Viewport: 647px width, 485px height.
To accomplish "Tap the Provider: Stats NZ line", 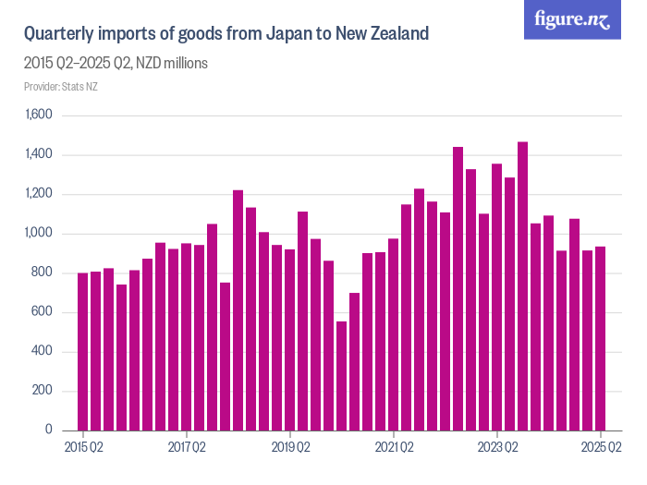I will click(x=60, y=87).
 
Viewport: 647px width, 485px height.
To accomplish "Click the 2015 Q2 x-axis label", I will click(x=83, y=447).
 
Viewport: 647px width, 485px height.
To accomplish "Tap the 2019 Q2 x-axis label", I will click(x=290, y=447).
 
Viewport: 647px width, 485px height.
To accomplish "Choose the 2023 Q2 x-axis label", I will click(x=497, y=447).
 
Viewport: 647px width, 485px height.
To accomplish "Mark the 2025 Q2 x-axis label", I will click(x=601, y=447).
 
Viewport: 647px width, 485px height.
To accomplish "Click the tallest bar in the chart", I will click(x=523, y=286).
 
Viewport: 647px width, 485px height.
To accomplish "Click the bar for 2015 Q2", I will click(x=83, y=352).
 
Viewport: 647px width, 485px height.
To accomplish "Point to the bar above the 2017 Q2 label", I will click(x=187, y=337).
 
